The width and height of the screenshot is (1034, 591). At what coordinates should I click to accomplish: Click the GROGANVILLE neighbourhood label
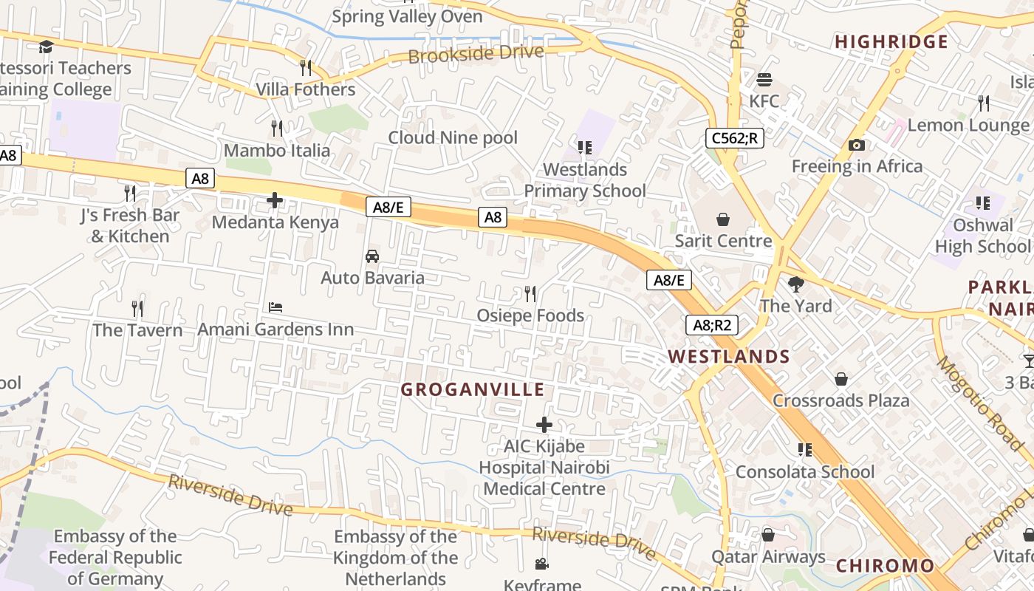click(473, 389)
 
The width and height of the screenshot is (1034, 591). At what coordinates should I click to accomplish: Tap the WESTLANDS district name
click(729, 357)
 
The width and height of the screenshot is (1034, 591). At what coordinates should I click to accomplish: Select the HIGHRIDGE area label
click(891, 42)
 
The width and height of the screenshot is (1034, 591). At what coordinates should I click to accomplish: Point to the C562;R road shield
click(734, 138)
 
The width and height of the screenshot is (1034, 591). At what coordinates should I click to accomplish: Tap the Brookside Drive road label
click(476, 54)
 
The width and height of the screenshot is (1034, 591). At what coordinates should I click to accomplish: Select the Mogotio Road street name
click(979, 403)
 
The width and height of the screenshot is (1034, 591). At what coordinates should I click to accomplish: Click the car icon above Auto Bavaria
click(372, 256)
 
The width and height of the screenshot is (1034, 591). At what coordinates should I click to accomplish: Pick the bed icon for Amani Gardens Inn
click(275, 307)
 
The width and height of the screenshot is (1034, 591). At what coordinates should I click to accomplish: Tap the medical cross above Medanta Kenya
click(275, 200)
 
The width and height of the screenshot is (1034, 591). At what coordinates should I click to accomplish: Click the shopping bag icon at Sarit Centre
click(723, 219)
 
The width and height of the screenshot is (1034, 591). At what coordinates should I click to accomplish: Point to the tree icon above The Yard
click(795, 284)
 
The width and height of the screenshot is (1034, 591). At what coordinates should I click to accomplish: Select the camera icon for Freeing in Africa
click(857, 145)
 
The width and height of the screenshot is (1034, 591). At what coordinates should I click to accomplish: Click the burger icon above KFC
click(764, 79)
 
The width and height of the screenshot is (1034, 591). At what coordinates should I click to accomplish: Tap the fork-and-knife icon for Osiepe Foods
click(530, 294)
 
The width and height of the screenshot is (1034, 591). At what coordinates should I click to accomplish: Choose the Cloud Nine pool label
click(453, 137)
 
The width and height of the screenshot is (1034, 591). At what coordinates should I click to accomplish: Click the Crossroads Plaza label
click(840, 400)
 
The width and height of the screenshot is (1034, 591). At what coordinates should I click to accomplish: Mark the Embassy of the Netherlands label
click(395, 558)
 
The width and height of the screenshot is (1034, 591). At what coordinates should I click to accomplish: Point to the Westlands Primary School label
click(585, 180)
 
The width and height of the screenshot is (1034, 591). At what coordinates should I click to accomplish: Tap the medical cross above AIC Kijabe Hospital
click(544, 425)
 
